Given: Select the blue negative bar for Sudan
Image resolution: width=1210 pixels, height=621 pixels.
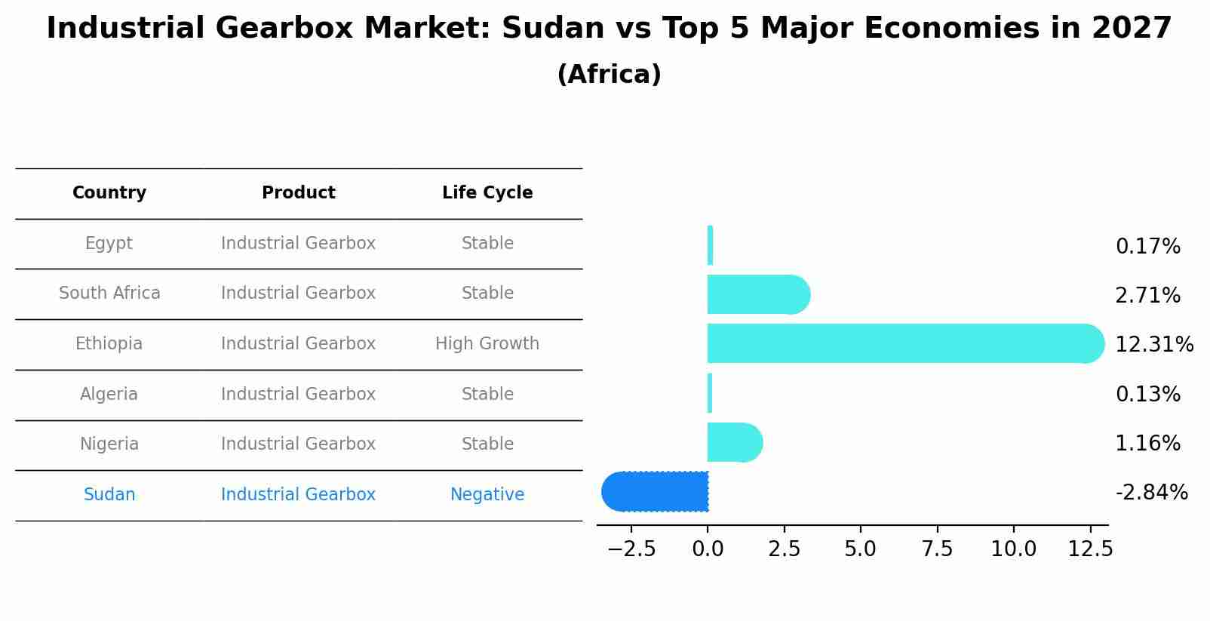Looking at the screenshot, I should pos(656,491).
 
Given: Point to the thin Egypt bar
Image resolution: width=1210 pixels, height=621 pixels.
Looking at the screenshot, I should pos(710,245).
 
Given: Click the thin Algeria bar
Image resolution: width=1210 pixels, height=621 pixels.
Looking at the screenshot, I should pos(710,393).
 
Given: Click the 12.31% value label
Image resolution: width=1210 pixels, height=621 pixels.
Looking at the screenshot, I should pos(1153,345).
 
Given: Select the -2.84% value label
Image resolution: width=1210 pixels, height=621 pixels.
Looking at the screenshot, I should pos(1151,493).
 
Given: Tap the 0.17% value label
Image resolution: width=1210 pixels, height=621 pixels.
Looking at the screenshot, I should pos(1147,247).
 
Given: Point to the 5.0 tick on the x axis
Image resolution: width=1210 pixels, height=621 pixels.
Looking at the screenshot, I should pos(861,549).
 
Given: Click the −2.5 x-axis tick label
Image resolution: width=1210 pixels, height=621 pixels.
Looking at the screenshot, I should pos(631,549).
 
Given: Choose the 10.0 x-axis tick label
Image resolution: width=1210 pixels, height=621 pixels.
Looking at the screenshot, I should pos(1013,549).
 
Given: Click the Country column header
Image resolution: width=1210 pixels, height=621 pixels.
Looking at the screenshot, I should pos(109,193).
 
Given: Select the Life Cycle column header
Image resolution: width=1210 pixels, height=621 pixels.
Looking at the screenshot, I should pos(487,193).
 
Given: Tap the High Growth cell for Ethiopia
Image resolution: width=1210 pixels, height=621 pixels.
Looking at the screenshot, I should pos(487,344).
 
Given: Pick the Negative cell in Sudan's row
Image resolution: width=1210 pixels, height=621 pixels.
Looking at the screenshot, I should pos(487,495).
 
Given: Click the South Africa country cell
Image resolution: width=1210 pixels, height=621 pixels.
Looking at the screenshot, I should pos(109,294).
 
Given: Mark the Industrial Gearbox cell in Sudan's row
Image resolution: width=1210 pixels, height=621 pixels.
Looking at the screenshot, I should pos(298,495).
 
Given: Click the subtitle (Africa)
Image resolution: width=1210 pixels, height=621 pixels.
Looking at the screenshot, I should pos(609,75).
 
